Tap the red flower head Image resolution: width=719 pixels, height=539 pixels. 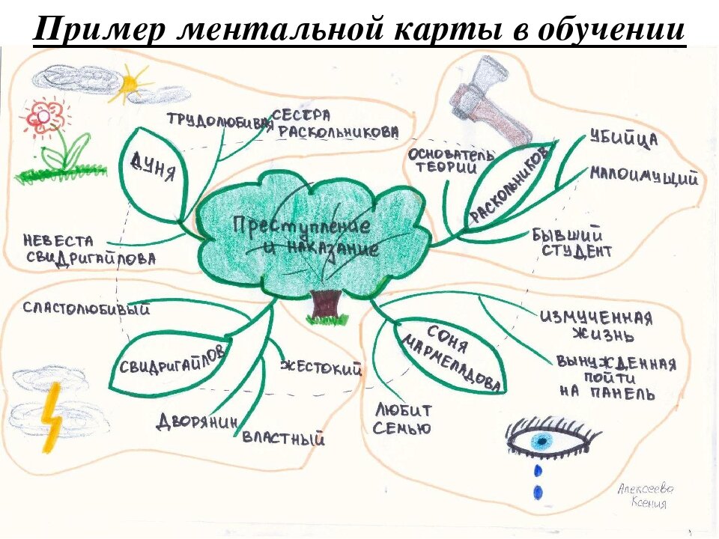point(44,116)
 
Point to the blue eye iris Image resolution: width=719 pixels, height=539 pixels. point(541,442)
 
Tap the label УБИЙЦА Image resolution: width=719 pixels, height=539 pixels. point(623,140)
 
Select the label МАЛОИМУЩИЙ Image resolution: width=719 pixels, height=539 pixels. point(643,177)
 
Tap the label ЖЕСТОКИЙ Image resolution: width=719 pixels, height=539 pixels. point(321,367)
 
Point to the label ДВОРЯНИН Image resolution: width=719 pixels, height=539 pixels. point(196,421)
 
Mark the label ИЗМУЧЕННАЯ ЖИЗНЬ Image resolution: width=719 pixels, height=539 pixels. point(595,325)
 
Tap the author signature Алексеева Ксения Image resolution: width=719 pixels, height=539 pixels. point(645,496)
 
